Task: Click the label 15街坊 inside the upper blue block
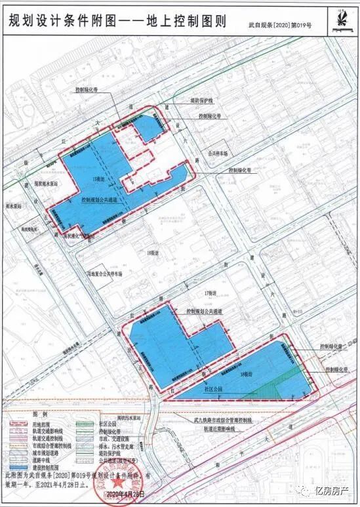tap(99, 178)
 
